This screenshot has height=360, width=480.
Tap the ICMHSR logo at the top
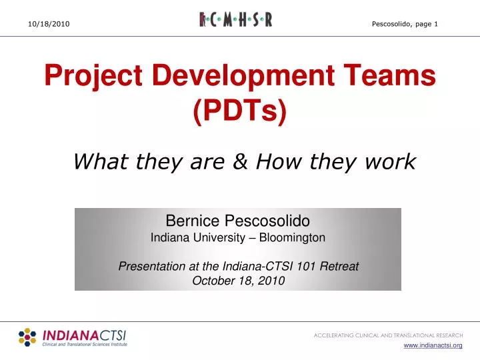pos(236,20)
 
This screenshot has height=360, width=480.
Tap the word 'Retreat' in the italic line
pos(340,266)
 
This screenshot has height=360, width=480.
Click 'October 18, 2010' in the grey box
pos(238,281)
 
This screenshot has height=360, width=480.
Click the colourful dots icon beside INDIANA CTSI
pos(27,337)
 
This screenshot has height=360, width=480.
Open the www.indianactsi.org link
pos(434,345)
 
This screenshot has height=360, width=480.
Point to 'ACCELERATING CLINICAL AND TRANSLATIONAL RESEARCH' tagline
pos(388,335)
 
